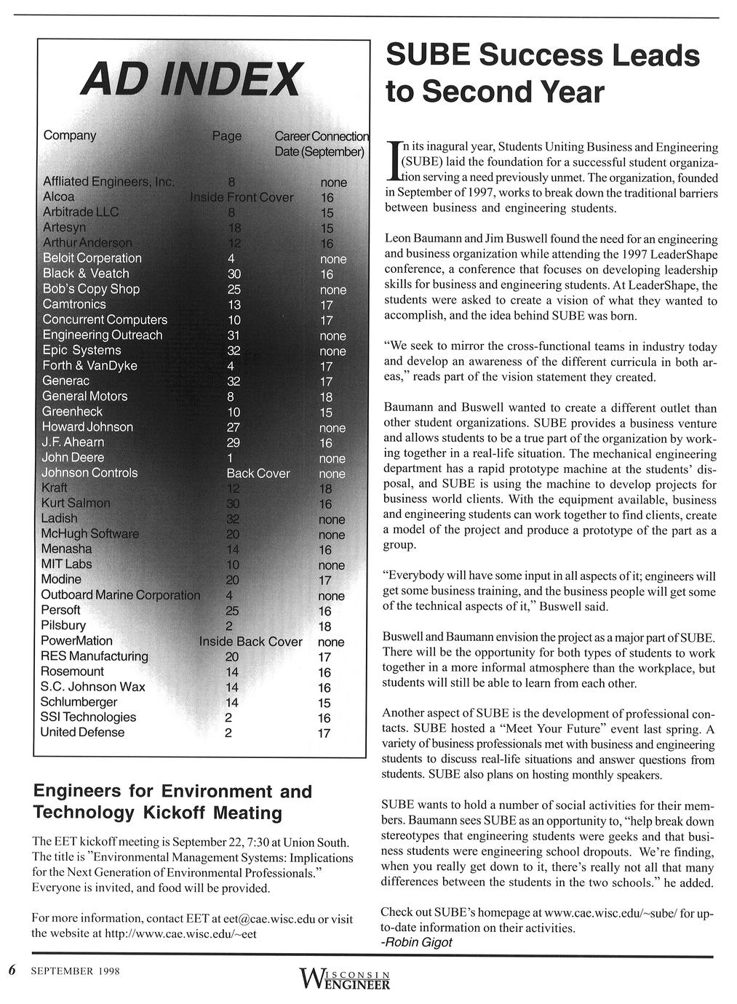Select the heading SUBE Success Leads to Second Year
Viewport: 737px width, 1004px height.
[541, 73]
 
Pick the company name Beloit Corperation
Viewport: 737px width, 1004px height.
[92, 258]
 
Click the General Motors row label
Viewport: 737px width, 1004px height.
[84, 397]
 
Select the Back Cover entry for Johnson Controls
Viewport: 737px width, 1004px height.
[258, 474]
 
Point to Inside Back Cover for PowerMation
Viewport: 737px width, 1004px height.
[250, 642]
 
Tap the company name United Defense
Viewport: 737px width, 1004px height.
[82, 733]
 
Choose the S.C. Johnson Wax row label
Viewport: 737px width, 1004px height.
[92, 687]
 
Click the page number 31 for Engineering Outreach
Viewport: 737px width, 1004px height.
[234, 335]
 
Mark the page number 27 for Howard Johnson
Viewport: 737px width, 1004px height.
[234, 427]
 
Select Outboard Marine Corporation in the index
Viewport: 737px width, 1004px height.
[120, 595]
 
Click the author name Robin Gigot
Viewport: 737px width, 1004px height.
[417, 942]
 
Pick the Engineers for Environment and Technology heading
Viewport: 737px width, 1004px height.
[173, 802]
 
